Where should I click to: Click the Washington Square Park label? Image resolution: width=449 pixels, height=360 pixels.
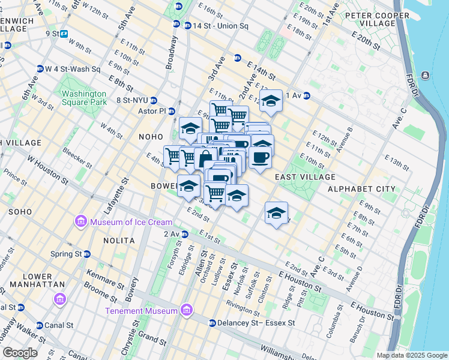83,98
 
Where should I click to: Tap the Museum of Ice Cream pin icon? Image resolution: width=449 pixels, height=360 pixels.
80,223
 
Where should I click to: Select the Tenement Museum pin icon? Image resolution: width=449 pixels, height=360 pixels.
186,310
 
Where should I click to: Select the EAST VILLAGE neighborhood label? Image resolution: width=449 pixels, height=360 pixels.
305,177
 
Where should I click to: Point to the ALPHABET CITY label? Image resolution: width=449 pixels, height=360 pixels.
361,189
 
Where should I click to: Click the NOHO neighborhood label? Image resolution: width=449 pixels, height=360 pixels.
150,137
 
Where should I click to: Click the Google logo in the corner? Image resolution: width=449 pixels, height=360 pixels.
20,353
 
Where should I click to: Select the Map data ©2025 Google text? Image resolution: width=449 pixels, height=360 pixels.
412,355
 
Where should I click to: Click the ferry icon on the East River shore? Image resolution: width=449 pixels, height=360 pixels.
425,75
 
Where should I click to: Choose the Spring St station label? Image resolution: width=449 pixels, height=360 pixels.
66,254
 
